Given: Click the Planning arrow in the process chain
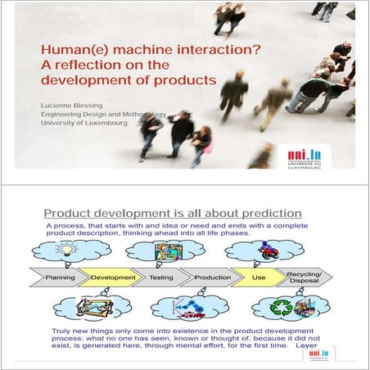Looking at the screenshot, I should [x=59, y=277].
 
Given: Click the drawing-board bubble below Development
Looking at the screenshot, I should [x=92, y=309].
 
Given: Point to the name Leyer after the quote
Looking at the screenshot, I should [x=306, y=345].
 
